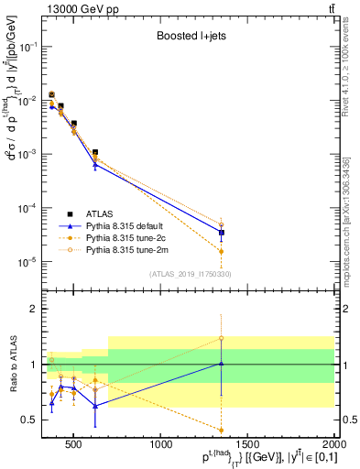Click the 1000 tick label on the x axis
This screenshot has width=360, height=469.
[161, 445]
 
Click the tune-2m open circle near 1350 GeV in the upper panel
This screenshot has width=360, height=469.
[222, 224]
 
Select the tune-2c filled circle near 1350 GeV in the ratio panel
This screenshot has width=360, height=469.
[222, 430]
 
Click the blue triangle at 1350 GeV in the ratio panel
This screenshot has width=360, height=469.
[222, 364]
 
